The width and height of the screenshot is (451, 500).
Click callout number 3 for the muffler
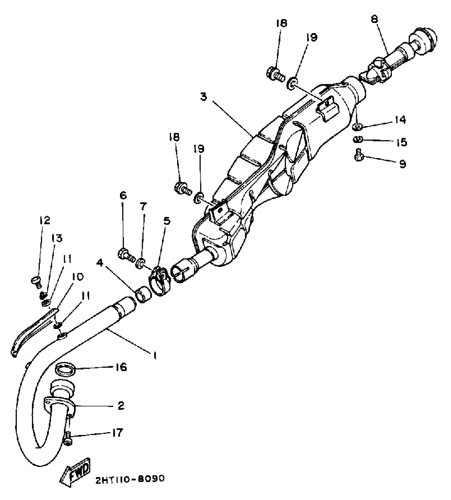[204, 97]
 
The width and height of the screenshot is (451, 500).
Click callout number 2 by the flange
[121, 406]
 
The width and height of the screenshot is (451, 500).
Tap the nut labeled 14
[357, 127]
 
